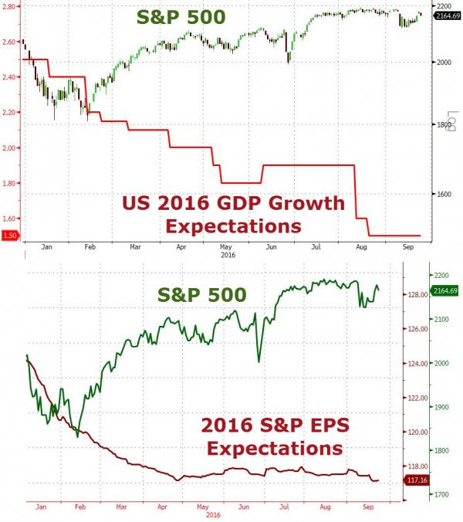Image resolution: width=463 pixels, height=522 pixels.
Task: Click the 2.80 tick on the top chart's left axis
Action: click(11, 6)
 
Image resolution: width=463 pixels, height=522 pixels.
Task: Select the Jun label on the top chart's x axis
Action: click(271, 247)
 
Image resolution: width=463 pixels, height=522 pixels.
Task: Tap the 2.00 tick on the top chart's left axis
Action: click(11, 148)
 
